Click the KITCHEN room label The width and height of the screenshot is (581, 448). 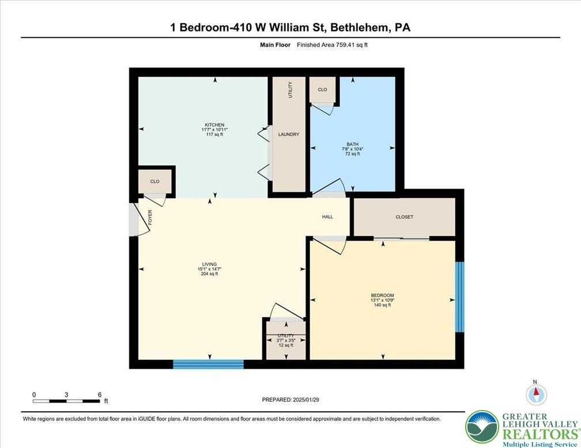coord(214,125)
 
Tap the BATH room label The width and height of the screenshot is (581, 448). coord(352,144)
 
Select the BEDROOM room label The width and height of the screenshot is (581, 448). coord(382,295)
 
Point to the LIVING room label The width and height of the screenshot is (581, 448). coord(209,264)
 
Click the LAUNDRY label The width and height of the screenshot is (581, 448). coord(289,134)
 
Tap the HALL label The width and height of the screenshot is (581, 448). coord(327,217)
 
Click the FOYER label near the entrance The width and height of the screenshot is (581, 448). coord(150,217)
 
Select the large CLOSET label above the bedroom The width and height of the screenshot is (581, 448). coord(404,217)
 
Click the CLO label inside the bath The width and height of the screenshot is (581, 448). coord(322,90)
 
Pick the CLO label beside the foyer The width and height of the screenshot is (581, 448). coord(155,181)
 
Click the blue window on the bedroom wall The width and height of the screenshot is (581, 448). coord(459,297)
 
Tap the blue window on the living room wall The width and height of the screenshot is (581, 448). coord(208,364)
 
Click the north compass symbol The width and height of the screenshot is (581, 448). coord(536,394)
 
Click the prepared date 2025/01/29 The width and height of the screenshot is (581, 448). coord(306,400)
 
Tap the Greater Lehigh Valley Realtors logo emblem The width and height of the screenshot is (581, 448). coord(482,427)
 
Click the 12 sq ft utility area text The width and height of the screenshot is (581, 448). coord(286,345)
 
